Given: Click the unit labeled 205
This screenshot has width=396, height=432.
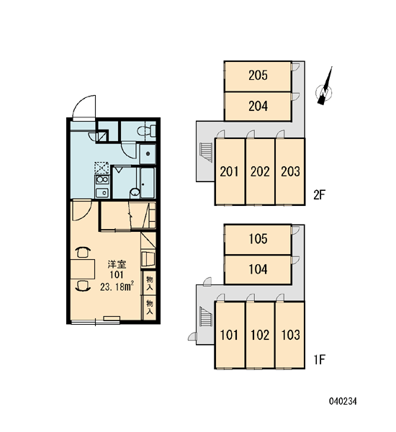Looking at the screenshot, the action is [258, 76].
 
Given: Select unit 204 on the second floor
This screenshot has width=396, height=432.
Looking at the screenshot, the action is [258, 106].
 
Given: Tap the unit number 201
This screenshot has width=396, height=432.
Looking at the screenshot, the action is [229, 171].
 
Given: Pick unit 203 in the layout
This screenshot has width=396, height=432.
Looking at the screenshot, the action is [290, 171].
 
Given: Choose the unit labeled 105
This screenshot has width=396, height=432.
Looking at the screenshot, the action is [258, 239].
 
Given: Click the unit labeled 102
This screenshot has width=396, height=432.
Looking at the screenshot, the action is [260, 335].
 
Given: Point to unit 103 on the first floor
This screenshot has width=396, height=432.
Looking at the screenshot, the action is [290, 335].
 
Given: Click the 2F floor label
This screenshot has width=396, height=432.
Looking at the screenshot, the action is [320, 195].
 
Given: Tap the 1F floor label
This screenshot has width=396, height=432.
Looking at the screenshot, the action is [320, 359].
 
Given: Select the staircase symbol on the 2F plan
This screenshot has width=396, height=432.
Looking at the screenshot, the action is [206, 153].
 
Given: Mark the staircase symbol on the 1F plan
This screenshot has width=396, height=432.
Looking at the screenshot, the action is [206, 316].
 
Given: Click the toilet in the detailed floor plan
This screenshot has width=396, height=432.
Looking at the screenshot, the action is [146, 130].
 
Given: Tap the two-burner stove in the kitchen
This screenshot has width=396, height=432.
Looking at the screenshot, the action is [102, 179].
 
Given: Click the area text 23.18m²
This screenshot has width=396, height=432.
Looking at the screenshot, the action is [117, 287].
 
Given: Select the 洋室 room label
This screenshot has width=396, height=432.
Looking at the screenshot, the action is [117, 264].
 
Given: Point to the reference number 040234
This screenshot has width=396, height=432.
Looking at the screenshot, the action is [343, 401].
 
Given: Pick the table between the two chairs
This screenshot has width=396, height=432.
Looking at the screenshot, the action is [83, 269].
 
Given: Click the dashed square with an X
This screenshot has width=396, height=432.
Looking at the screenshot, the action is [102, 168].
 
